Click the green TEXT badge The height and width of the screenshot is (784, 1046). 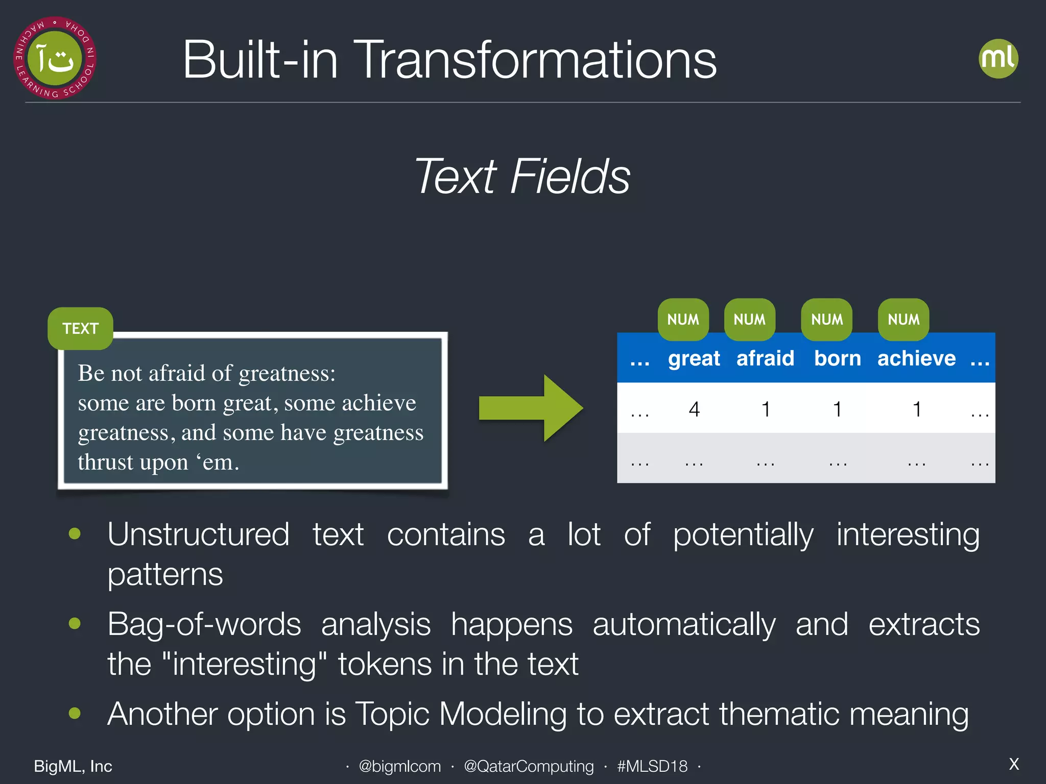80,328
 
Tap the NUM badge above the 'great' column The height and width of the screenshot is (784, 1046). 683,320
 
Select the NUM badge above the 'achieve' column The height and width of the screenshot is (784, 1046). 903,320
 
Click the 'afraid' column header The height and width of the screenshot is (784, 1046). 765,358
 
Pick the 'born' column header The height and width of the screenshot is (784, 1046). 837,358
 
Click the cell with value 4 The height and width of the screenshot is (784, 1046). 694,409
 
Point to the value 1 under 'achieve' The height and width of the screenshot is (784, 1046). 917,409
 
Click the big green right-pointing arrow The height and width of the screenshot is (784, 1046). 531,408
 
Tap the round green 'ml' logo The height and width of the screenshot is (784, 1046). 998,59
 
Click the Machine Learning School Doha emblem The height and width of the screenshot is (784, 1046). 55,58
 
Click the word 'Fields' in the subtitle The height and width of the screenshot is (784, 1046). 570,176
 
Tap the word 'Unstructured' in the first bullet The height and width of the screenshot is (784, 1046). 198,534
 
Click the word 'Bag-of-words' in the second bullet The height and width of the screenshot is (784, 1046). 204,624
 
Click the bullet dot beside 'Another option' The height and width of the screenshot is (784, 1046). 75,713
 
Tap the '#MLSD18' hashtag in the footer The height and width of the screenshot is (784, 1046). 652,766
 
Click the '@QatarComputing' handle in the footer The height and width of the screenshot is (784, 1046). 529,766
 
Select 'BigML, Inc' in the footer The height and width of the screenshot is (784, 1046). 73,766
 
